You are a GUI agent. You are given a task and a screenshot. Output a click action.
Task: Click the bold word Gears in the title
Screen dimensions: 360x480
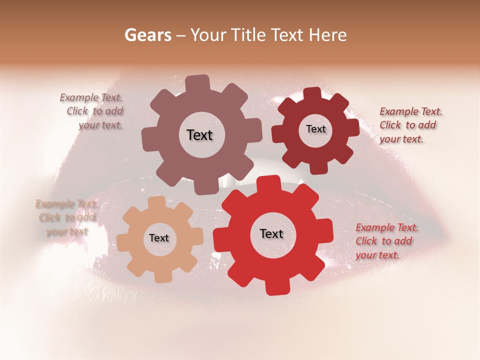point(147,35)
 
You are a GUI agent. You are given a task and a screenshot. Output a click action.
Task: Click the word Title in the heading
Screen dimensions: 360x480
point(250,35)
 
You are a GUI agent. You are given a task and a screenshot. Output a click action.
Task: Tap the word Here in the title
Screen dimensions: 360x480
point(328,35)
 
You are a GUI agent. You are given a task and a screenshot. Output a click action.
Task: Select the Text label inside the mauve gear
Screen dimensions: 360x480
point(199,135)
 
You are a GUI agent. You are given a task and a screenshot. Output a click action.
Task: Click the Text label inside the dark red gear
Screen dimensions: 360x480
point(315,129)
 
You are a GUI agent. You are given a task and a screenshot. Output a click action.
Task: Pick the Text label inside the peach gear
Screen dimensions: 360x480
point(159,238)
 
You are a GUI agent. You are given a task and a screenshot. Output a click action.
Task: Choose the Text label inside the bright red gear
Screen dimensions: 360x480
point(271,233)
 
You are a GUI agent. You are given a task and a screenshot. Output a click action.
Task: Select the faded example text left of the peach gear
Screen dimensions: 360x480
point(66,217)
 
